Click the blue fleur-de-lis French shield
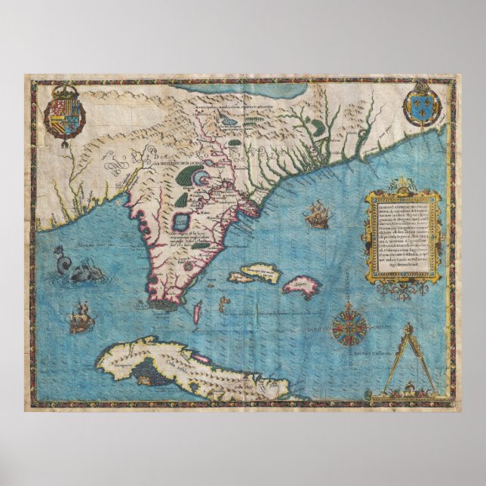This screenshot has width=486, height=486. coord(421,105)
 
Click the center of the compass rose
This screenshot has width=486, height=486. coord(349,327)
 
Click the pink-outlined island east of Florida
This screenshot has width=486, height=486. coord(281,286)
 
